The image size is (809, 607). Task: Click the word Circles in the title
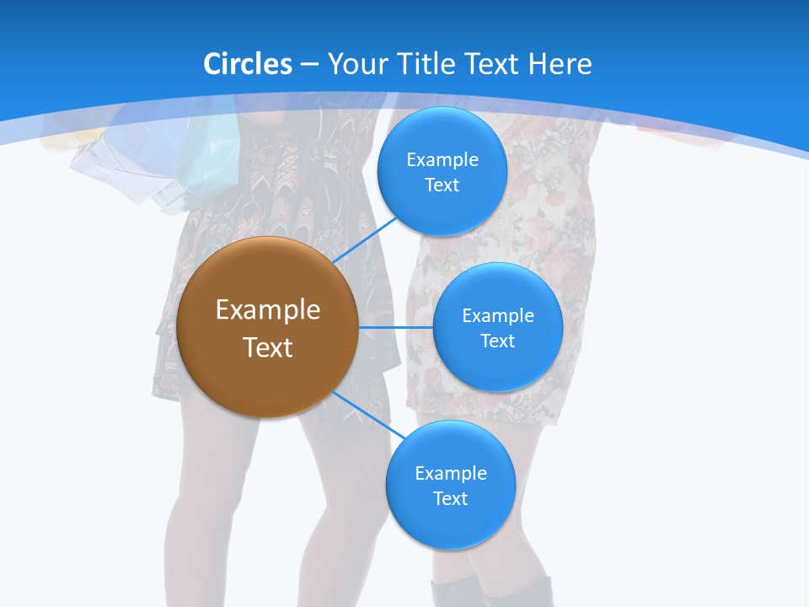point(248,64)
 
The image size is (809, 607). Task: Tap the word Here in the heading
point(560,64)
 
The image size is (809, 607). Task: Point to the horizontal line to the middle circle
point(395,327)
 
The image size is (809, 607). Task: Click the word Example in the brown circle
point(268,310)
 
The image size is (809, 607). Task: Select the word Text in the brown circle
point(268,347)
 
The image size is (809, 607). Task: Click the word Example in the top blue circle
point(442,160)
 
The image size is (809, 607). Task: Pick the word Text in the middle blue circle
point(497,341)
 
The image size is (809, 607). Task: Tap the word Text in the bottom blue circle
point(450,499)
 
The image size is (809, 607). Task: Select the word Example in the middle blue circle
point(498,316)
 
